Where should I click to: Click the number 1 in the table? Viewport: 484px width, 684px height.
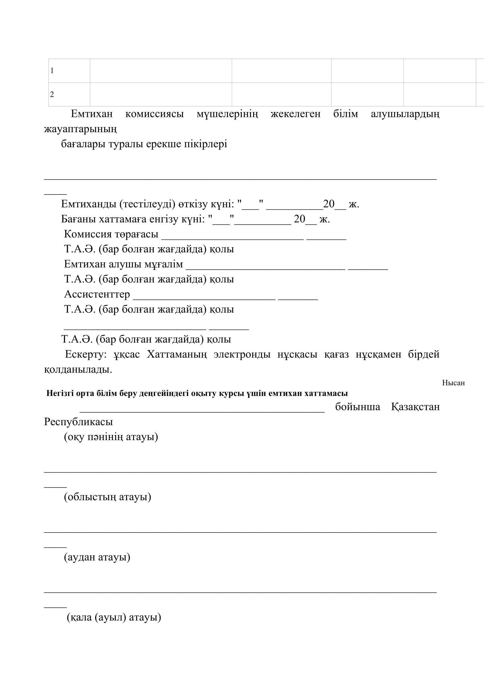[52, 71]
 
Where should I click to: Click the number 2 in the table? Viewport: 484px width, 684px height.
[52, 95]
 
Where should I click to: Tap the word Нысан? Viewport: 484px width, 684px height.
[453, 383]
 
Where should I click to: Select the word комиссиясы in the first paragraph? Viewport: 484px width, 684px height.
[155, 114]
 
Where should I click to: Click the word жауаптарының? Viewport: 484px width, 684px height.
[80, 129]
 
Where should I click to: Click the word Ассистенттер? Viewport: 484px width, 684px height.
[97, 294]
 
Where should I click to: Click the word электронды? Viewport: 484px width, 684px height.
[242, 354]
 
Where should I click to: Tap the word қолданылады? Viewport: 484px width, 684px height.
[78, 370]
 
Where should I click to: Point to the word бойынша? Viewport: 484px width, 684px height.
[357, 407]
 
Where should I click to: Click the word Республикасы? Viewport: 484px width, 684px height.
[78, 422]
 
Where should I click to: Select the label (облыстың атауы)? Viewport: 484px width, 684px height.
[108, 497]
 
